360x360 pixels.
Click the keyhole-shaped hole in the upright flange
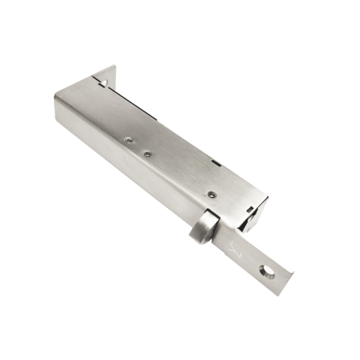pos(103,83)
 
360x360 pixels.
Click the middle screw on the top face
pos(146,153)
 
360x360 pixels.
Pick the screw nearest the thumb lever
pos(211,194)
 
